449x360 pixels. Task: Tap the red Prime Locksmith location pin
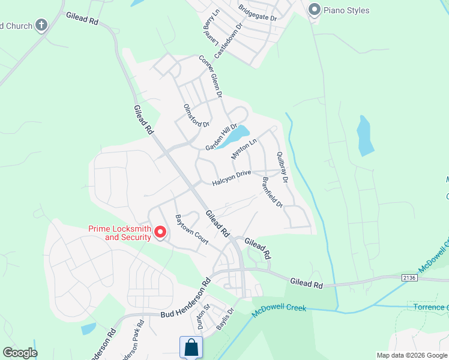tap(160, 232)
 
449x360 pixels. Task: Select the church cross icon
tap(41, 25)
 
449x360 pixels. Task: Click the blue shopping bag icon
tap(191, 347)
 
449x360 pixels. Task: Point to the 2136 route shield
tap(409, 277)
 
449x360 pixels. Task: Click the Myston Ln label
tap(244, 148)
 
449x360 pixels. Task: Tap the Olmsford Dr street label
tap(196, 116)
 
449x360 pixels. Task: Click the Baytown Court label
tap(191, 229)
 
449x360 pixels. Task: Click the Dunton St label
tap(203, 317)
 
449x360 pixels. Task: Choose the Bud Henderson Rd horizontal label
tap(186, 314)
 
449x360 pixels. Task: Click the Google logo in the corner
tap(19, 353)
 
